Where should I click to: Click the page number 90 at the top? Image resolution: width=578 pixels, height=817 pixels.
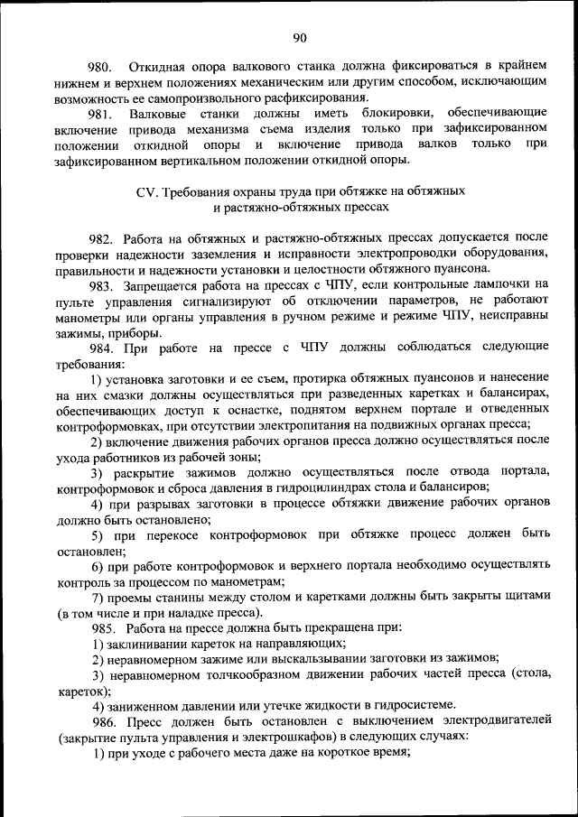coord(300,37)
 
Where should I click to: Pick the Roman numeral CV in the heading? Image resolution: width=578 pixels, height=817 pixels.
coord(145,191)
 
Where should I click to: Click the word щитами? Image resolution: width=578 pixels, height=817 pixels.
coord(523,597)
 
